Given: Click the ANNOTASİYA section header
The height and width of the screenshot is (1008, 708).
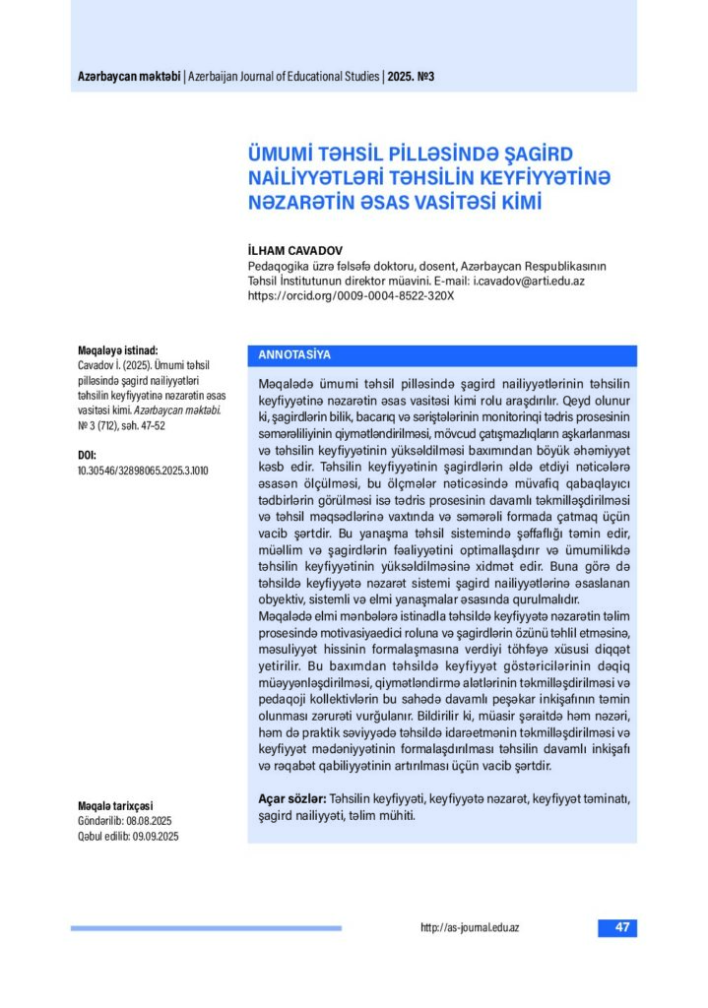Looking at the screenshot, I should (x=293, y=354).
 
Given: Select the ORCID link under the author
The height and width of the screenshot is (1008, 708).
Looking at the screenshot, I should (x=351, y=294).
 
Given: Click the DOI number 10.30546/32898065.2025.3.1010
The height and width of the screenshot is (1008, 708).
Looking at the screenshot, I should (x=143, y=471).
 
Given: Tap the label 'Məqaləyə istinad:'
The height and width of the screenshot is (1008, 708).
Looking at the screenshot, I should (x=117, y=349).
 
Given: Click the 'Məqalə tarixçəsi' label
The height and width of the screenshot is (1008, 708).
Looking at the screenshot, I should (x=115, y=804).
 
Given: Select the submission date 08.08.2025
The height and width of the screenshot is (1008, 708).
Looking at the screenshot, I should (x=149, y=820).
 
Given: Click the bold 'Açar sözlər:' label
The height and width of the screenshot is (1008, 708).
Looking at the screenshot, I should (x=285, y=799).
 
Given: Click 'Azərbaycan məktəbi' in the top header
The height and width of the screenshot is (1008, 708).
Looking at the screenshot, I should (x=129, y=77).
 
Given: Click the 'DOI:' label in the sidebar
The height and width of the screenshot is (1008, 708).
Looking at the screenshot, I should (x=87, y=456).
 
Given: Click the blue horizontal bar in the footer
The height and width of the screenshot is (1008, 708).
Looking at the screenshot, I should (x=206, y=927).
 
